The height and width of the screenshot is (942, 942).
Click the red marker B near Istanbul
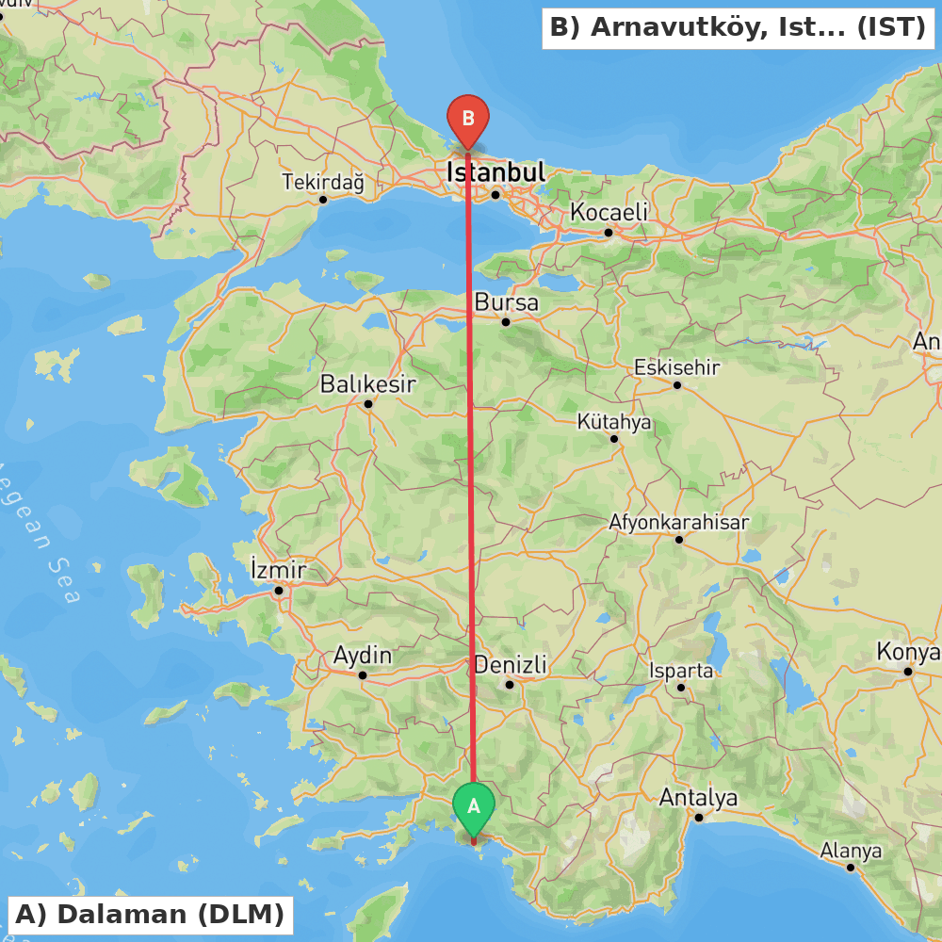[468, 120]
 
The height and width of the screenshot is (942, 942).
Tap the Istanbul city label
[495, 172]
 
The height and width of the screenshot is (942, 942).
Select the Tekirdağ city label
[322, 183]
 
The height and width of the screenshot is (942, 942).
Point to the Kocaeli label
[609, 213]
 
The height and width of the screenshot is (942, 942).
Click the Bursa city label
[506, 303]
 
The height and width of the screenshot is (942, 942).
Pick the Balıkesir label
[367, 384]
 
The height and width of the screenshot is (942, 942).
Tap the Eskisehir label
[676, 367]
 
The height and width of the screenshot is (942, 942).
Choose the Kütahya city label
[614, 422]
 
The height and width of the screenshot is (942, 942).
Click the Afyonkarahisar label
[678, 522]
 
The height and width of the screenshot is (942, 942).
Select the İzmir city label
[278, 570]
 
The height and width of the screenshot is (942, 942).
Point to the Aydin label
[362, 656]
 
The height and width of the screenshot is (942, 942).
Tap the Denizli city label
[510, 665]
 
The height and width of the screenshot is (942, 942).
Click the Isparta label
[681, 671]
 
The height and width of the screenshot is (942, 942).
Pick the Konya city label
[907, 652]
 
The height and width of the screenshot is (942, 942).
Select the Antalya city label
[698, 799]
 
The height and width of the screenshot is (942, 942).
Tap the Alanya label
[851, 851]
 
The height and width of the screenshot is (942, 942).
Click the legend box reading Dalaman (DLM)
[150, 915]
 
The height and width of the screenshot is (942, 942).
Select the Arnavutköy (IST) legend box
[738, 27]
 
